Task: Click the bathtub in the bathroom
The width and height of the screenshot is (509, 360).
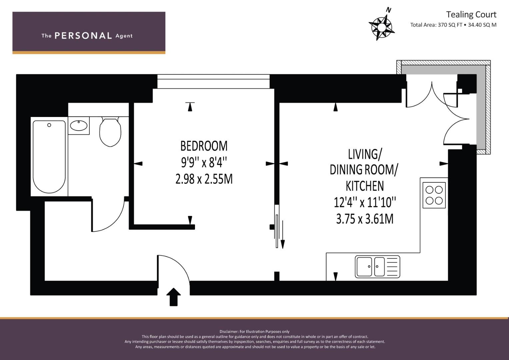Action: pos(49,157)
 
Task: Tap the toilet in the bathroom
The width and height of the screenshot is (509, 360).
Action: pos(110,132)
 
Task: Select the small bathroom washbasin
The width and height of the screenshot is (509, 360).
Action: pos(79,125)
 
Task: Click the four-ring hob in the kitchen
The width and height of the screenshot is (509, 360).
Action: pos(434,195)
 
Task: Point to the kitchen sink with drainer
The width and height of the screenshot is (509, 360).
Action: pos(377,267)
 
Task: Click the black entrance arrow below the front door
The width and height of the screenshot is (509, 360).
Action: pos(174,297)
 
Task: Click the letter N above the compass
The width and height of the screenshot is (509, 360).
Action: pos(389,10)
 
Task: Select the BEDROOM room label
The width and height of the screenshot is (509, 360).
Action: pos(204,146)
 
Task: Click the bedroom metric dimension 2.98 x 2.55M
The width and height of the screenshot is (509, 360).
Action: pos(204,179)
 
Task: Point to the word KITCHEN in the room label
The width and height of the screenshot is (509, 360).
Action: pos(365,186)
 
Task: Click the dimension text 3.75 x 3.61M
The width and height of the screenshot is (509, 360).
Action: pos(365,219)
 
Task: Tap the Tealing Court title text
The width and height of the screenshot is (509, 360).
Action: pos(471,15)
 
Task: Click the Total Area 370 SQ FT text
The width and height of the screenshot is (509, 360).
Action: pos(436,25)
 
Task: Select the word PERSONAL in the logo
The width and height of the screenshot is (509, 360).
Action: pos(83,36)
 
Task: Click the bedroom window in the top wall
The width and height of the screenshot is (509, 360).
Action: pos(213,81)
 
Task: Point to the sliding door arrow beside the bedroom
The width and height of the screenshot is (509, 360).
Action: pos(283,234)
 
